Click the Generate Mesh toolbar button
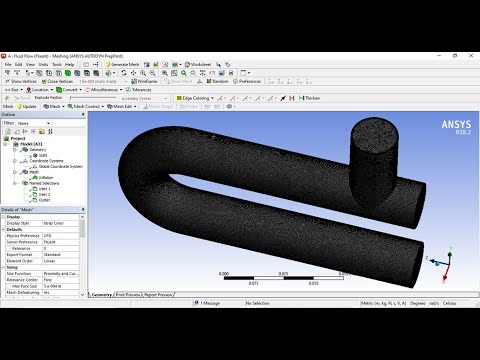tap(131, 63)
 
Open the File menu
tap(8, 63)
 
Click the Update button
tap(26, 106)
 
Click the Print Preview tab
tap(127, 294)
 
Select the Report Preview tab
tap(158, 294)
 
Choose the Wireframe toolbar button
tap(145, 81)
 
